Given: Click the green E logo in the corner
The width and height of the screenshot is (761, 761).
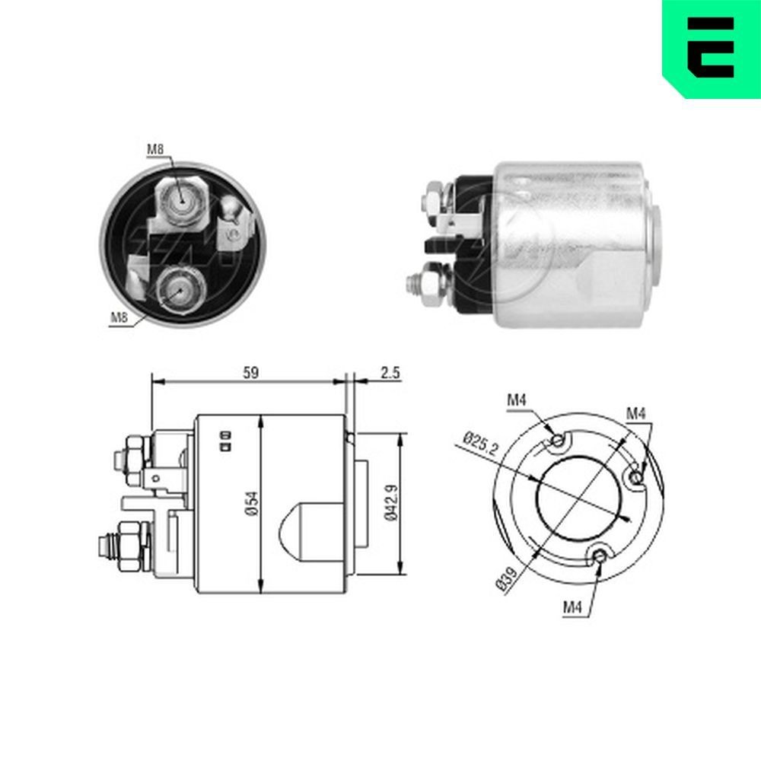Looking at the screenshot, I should (712, 47).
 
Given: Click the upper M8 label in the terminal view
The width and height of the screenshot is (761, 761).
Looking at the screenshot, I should (155, 150).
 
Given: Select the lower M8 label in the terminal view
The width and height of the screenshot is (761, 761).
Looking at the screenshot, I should (118, 318).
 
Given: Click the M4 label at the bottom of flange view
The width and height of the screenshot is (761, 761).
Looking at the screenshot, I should (573, 607).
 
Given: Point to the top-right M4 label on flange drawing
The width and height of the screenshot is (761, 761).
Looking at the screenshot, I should (636, 413).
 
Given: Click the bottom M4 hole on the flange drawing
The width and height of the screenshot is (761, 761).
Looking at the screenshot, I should (601, 556).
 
